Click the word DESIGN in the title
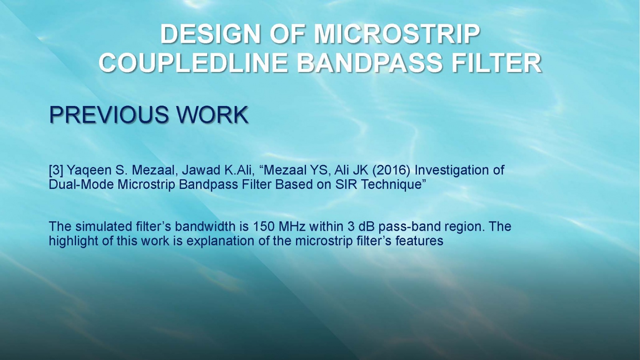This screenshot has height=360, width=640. coord(210,34)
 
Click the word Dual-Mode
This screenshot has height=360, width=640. coord(81,184)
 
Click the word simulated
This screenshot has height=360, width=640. coord(103,226)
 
